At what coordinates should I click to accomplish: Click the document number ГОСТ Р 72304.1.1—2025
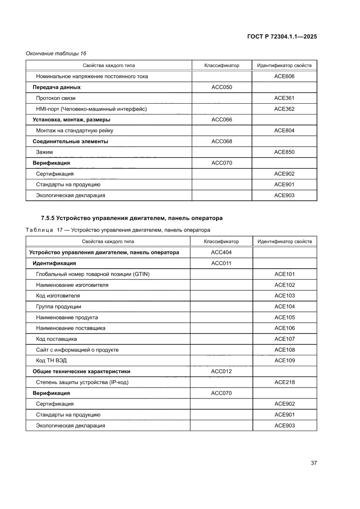coord(282,37)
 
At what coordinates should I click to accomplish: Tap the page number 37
coord(313,463)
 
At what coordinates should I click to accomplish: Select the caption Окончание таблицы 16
coord(56,54)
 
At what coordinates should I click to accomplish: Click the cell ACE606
coord(284,76)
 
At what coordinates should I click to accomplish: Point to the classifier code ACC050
coord(222,87)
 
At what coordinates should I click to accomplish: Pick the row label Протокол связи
coord(56,98)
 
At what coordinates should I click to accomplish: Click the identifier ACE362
coord(284,109)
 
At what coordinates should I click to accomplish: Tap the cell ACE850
coord(284,152)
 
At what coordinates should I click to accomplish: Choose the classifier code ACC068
coord(222,142)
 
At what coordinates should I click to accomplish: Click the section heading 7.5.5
coord(131,218)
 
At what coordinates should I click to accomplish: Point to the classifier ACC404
coord(221,253)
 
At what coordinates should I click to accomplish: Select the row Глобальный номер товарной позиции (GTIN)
coord(96,274)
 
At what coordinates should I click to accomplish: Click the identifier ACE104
coord(285,307)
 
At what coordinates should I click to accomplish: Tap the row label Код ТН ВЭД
coord(51,361)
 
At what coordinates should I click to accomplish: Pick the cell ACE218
coord(285,382)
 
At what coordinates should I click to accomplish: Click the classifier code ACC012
coord(221,371)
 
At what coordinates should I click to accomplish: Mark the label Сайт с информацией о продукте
coord(77,350)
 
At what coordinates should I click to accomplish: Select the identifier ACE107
coord(285,339)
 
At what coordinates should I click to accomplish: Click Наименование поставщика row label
coord(71,328)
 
